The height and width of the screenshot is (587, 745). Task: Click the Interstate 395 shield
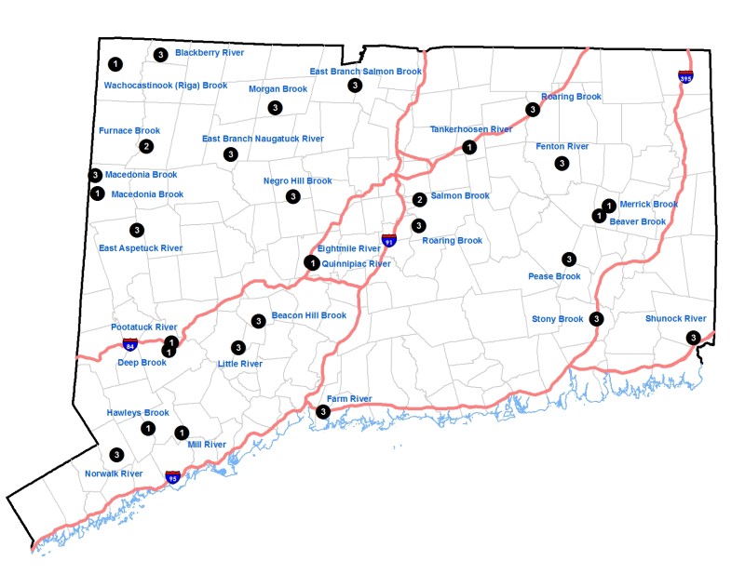(685, 76)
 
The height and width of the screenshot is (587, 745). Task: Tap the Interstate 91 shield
(387, 240)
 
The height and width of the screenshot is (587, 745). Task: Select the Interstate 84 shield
(129, 344)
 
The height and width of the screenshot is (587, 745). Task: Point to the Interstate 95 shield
(172, 477)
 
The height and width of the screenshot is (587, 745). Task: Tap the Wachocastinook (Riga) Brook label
(165, 86)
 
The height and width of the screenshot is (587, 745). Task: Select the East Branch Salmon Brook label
(366, 71)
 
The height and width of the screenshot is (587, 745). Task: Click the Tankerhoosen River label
(471, 129)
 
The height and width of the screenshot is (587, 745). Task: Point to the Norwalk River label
(114, 474)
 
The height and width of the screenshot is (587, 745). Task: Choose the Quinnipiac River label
(356, 264)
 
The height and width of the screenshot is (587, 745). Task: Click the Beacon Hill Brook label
(308, 315)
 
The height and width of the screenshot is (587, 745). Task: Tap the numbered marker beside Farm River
(323, 411)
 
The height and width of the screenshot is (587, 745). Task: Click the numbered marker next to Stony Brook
(597, 319)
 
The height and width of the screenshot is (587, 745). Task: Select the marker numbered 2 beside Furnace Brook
(146, 146)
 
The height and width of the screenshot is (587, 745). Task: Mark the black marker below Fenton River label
(562, 164)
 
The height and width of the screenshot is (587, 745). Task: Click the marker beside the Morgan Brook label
(275, 108)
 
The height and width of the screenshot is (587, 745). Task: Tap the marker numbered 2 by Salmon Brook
(420, 199)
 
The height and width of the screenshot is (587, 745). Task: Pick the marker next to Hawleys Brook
(148, 428)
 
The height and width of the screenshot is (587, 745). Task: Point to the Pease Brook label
(554, 276)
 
